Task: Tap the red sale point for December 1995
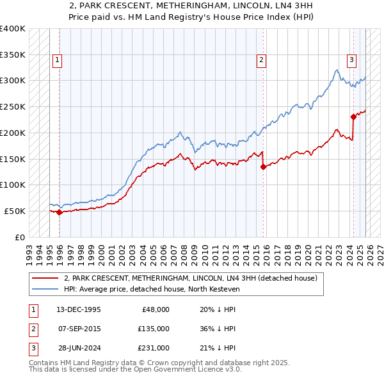pyautogui.click(x=60, y=212)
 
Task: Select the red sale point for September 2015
pyautogui.click(x=263, y=167)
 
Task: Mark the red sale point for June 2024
pyautogui.click(x=353, y=117)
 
